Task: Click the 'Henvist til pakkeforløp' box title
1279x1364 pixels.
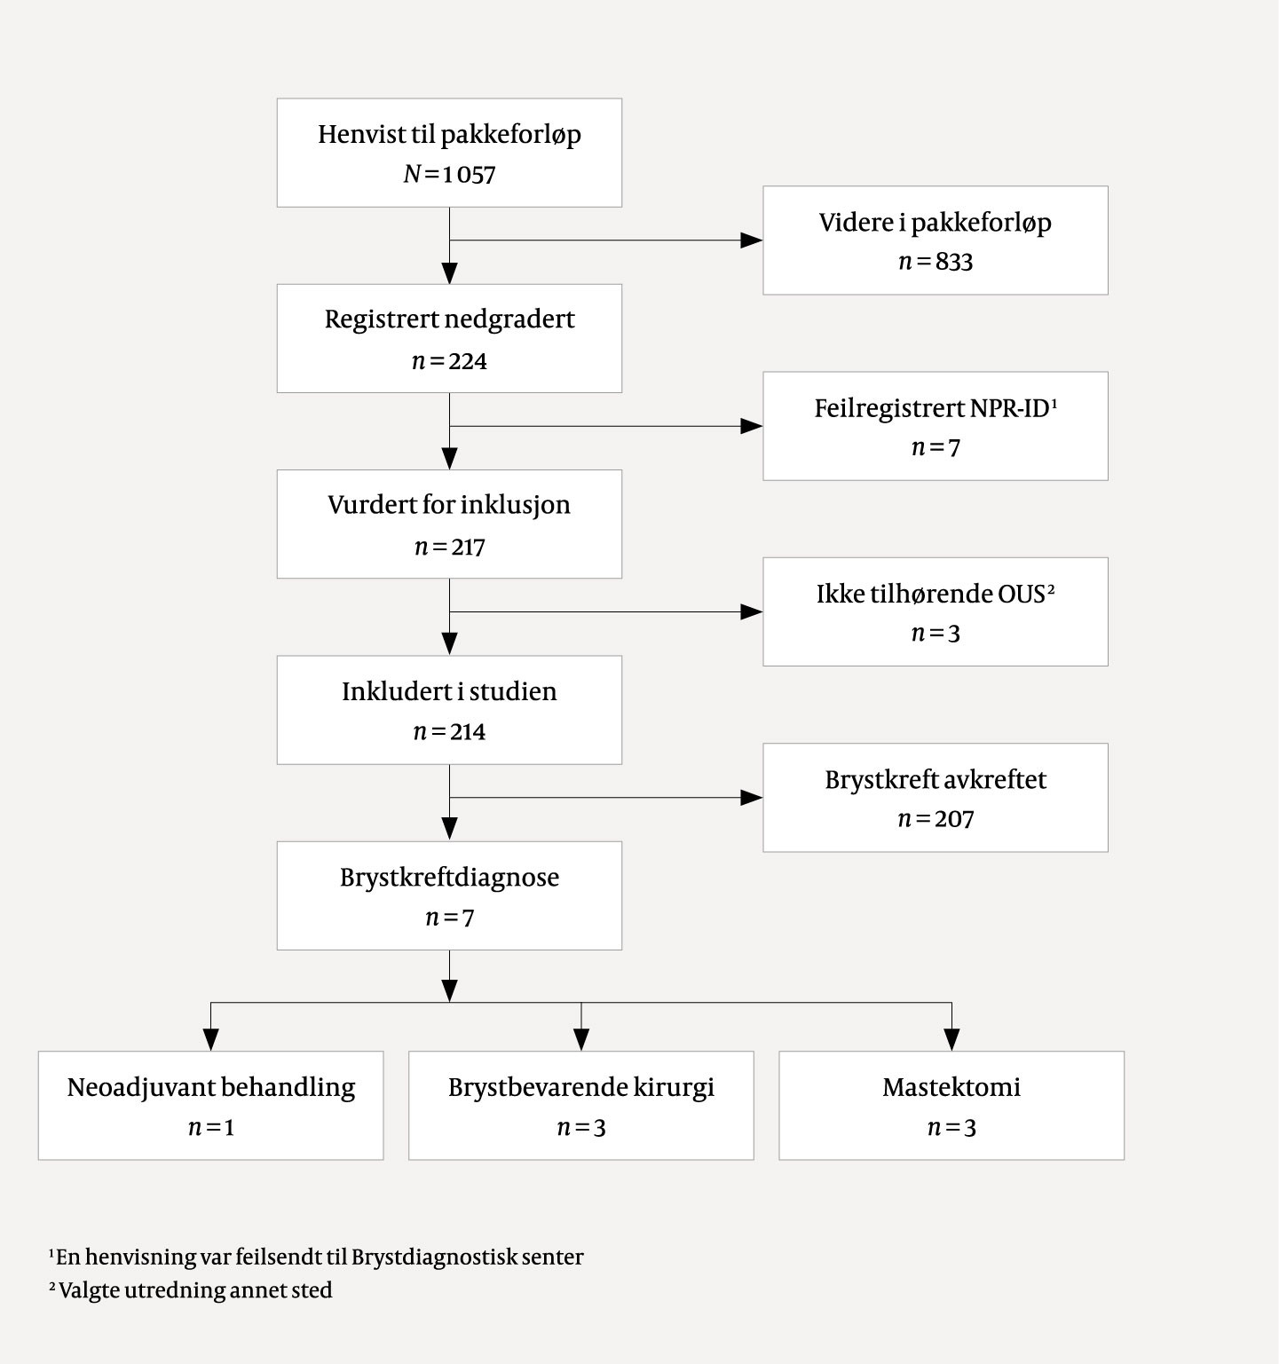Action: click(x=449, y=135)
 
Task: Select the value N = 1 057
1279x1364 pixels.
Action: click(x=449, y=174)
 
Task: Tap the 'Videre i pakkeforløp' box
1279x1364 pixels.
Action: click(x=935, y=240)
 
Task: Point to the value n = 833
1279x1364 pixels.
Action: click(x=935, y=262)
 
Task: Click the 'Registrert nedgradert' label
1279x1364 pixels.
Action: click(x=449, y=319)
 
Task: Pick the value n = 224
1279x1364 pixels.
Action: click(x=449, y=361)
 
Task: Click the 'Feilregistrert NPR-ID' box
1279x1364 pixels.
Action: click(x=935, y=426)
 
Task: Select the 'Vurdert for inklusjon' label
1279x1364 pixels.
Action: click(x=449, y=505)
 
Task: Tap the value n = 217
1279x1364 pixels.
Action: click(x=449, y=547)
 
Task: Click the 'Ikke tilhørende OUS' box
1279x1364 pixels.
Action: click(x=935, y=611)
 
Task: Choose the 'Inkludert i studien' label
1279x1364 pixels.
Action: click(x=449, y=691)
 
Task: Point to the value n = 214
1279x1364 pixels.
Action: click(x=449, y=732)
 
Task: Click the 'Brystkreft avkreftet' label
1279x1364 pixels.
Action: click(x=935, y=780)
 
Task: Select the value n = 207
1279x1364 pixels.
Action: click(x=935, y=818)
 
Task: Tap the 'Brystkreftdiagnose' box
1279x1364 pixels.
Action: click(x=449, y=895)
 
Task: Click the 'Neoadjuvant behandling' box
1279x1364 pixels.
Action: click(x=210, y=1105)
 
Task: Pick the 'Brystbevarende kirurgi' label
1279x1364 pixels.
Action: click(x=580, y=1087)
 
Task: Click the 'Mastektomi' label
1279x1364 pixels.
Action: click(x=951, y=1087)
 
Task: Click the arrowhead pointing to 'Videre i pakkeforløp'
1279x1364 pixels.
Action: click(x=751, y=240)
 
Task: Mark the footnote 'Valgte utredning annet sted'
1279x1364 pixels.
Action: click(x=195, y=1290)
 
